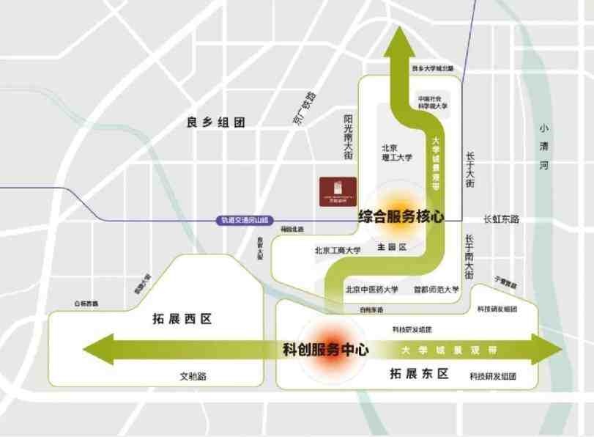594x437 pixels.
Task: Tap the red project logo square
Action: (x=338, y=192)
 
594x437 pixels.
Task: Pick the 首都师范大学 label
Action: (x=436, y=290)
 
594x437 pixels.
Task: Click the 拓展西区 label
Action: (x=182, y=319)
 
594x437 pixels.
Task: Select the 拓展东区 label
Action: (x=419, y=374)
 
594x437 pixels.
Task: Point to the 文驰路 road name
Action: (x=193, y=376)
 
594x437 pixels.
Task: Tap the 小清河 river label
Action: (x=543, y=146)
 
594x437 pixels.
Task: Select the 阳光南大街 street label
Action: (x=349, y=136)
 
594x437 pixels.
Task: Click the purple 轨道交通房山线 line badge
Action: (x=245, y=219)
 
